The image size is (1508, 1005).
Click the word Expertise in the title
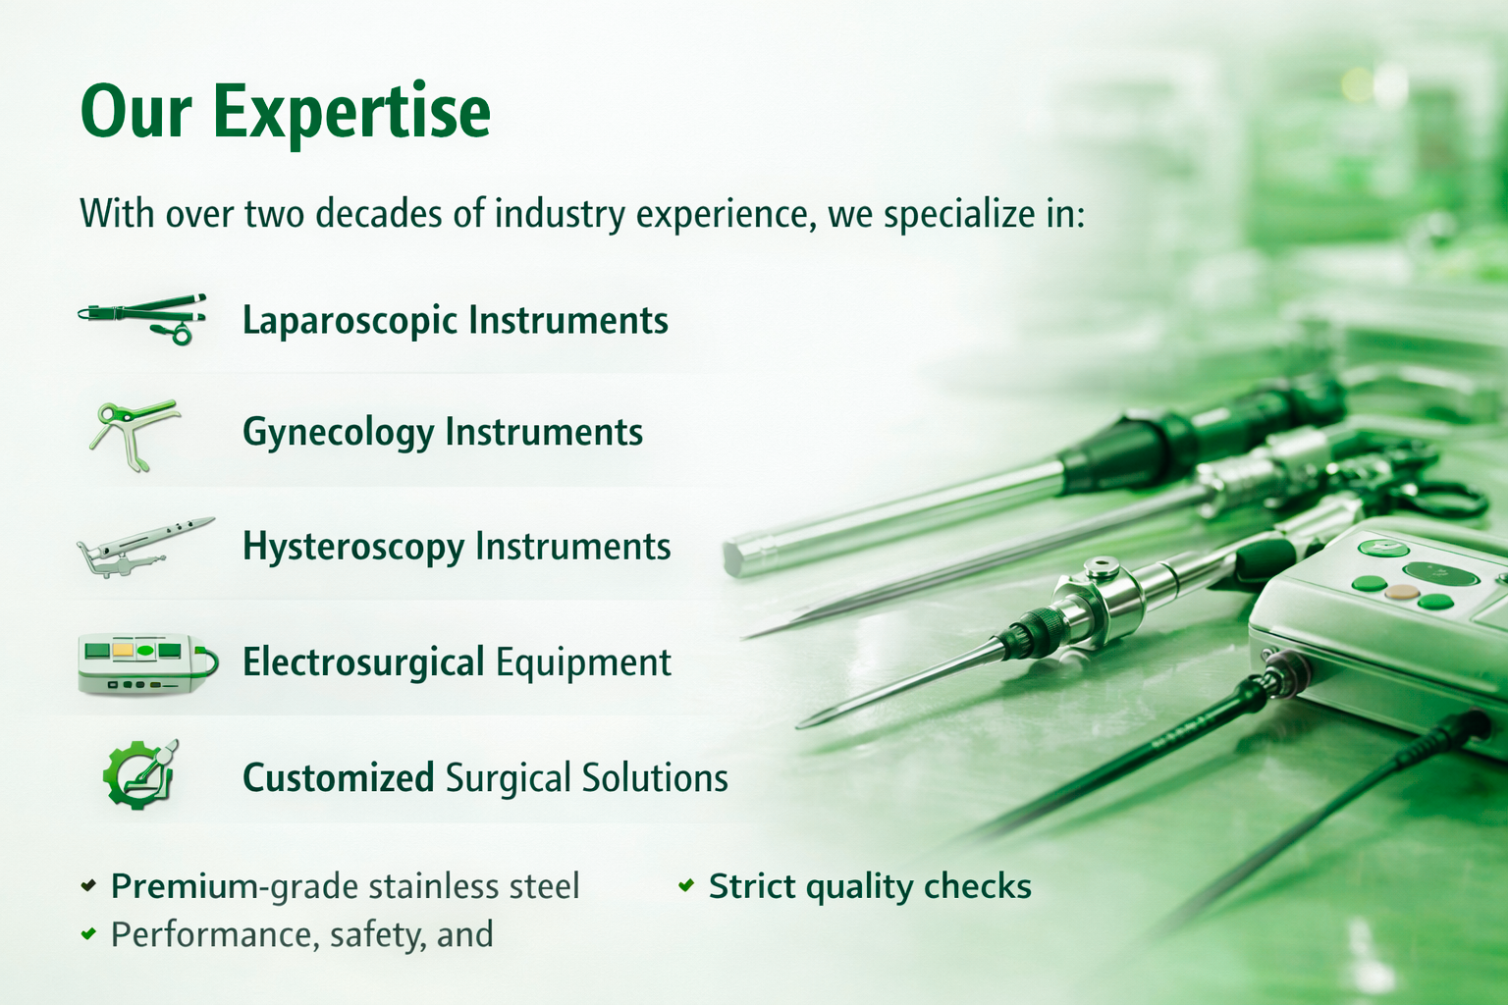351,113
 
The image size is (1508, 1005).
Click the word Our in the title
135,113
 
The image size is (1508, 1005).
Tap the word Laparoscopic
350,322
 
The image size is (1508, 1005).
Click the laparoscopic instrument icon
143,317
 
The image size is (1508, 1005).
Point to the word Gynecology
338,433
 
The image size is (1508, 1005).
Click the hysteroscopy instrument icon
143,547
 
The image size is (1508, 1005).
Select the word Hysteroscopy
352,548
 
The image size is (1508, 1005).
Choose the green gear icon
140,774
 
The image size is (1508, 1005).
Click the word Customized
338,778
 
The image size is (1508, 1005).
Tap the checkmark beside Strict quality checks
686,885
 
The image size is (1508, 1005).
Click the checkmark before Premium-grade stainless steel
88,885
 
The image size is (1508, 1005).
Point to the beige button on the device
1400,593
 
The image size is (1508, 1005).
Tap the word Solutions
655,778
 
